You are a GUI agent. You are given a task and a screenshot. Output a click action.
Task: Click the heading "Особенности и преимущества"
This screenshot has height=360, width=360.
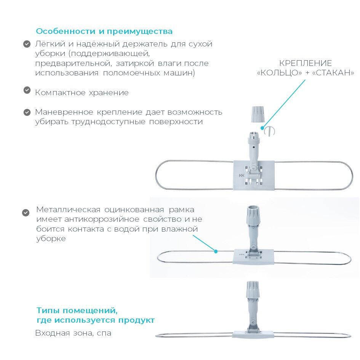click(104, 32)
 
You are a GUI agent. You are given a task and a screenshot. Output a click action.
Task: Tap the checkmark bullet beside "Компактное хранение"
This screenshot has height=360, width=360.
click(27, 90)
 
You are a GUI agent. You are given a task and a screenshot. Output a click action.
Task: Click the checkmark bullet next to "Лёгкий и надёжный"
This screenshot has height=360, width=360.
click(27, 44)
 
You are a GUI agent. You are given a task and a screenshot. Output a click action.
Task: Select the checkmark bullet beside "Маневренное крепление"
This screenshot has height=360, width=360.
click(27, 112)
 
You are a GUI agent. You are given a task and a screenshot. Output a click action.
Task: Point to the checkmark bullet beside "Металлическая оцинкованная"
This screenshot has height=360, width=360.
click(26, 213)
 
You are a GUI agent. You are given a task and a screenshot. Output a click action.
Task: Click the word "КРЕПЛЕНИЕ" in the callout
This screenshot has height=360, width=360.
click(306, 63)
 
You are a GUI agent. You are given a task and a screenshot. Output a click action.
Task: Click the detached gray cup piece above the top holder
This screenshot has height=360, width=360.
click(258, 114)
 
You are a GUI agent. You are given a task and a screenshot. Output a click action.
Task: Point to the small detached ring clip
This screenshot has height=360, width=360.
click(270, 131)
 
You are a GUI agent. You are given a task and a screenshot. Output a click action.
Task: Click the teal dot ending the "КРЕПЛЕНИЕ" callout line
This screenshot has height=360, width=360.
click(262, 128)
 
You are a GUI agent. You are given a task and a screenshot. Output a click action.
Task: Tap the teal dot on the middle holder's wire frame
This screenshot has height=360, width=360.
click(216, 251)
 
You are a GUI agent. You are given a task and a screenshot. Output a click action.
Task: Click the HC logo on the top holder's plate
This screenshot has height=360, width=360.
click(241, 175)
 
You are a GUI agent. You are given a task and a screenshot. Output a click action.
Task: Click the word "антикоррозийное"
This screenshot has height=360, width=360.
click(102, 219)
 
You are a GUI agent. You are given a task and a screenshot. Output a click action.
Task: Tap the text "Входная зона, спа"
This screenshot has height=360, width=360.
click(73, 333)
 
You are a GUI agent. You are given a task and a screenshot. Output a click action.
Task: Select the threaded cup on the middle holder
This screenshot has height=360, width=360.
click(253, 216)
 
